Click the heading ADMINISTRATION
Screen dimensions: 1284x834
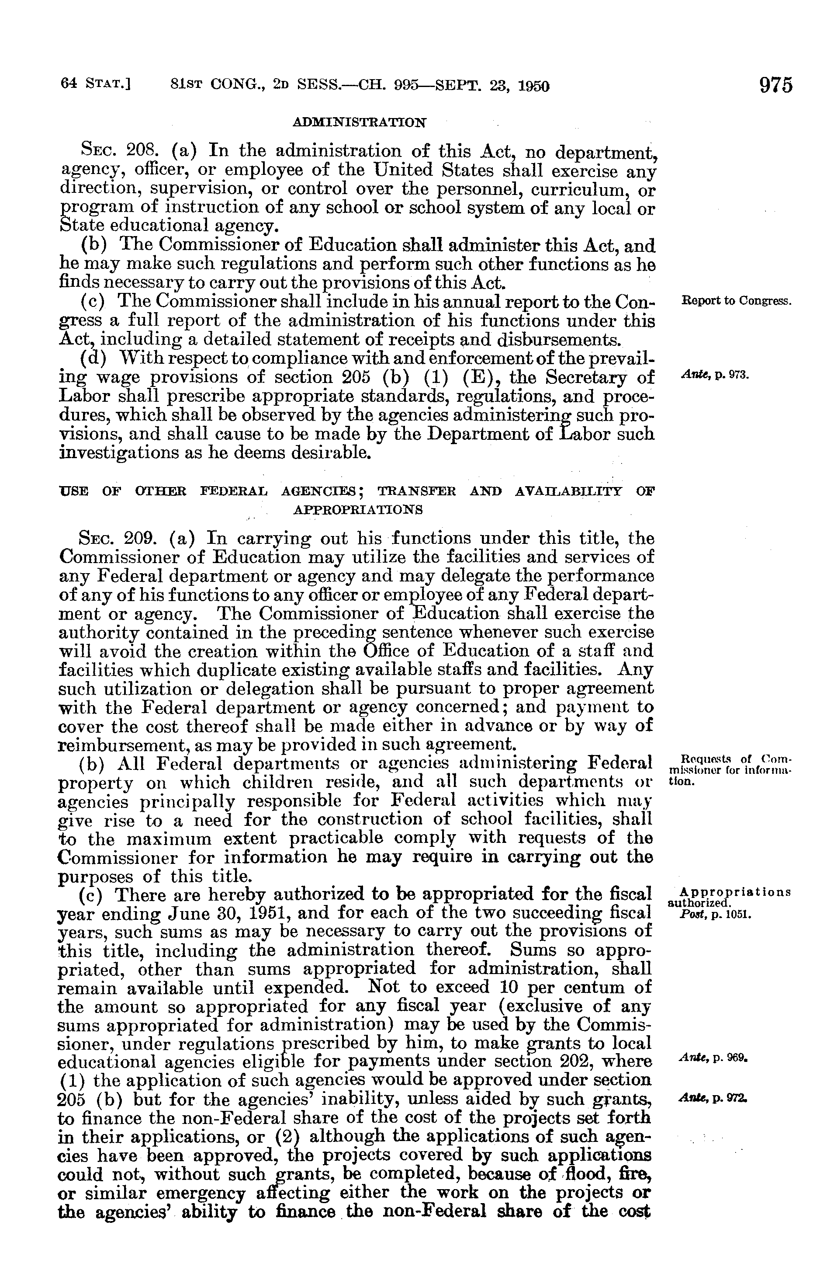[359, 122]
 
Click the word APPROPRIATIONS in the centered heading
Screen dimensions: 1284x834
[357, 509]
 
